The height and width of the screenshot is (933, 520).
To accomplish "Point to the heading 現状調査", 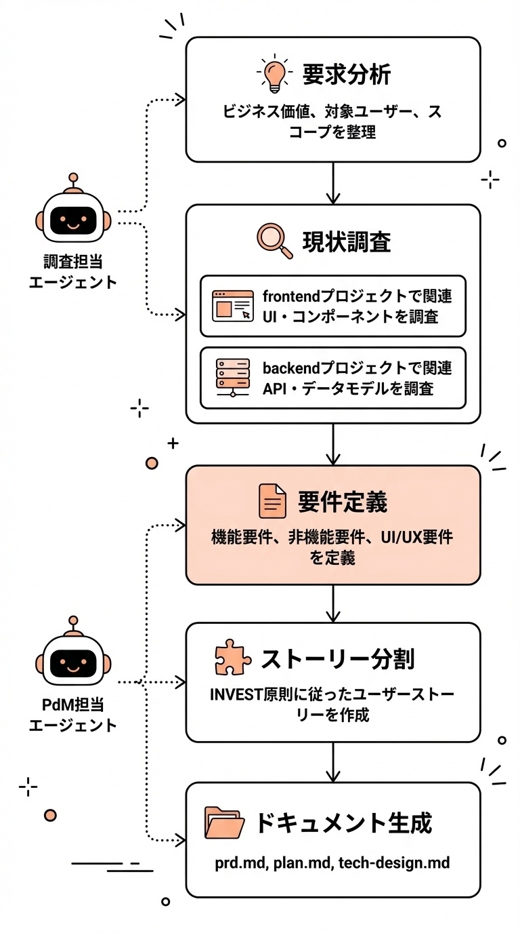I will [347, 242].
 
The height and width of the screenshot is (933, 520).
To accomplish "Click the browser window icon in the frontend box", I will [232, 306].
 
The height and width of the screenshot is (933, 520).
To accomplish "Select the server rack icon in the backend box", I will [232, 377].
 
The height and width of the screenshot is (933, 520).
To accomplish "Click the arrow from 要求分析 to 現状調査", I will [333, 183].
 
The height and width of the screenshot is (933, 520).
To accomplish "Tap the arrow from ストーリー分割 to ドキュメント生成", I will [333, 762].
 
